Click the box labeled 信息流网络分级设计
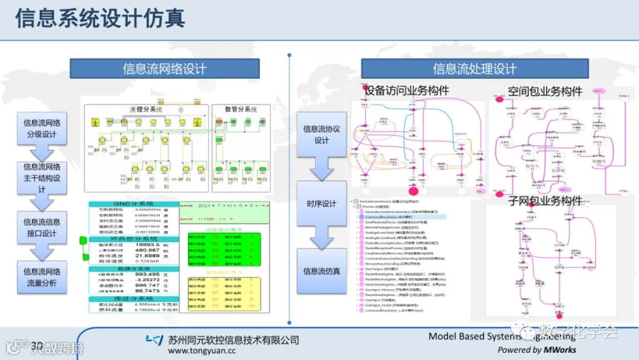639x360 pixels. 41,128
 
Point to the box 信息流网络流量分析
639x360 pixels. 41,277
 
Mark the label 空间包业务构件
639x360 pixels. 545,92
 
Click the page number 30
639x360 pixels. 37,346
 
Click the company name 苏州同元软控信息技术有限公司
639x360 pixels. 235,339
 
